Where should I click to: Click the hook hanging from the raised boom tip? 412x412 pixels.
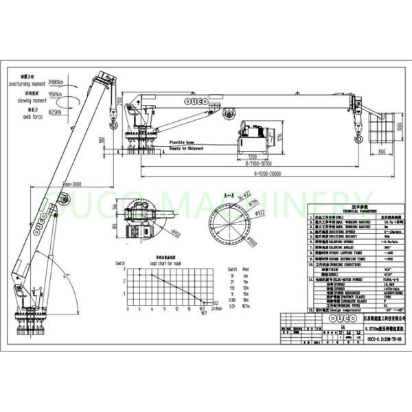(x=113, y=125)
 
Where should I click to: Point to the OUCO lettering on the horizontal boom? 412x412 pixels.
(x=196, y=103)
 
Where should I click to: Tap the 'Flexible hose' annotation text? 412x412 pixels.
(x=184, y=141)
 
